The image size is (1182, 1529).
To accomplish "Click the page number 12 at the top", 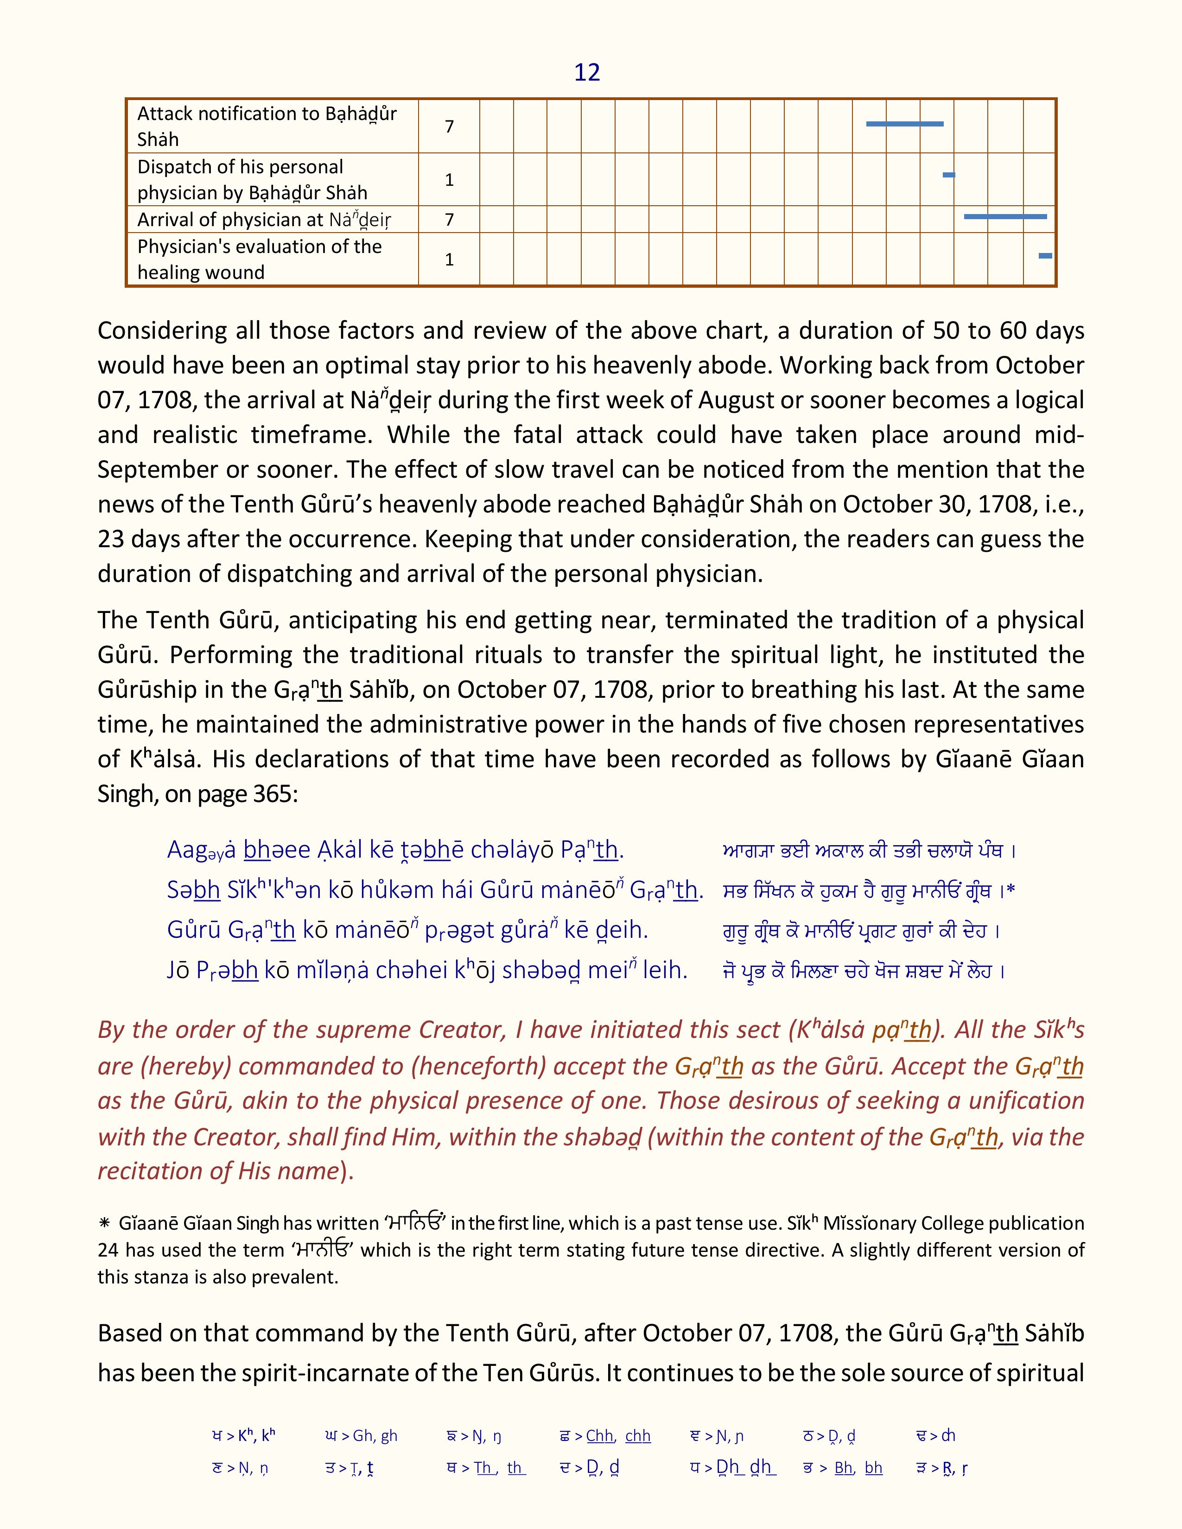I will (x=587, y=73).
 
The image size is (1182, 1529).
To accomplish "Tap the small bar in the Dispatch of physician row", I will (x=949, y=175).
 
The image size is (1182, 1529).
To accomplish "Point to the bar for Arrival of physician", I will (x=1005, y=217).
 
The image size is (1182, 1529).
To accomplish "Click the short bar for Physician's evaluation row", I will (x=1045, y=256).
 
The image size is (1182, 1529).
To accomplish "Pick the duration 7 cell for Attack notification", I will (x=449, y=126).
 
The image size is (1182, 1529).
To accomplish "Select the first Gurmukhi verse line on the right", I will (x=868, y=851).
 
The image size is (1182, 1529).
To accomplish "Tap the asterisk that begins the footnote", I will (x=104, y=1224).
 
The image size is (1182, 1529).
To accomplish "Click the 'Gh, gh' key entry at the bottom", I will (x=362, y=1436).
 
